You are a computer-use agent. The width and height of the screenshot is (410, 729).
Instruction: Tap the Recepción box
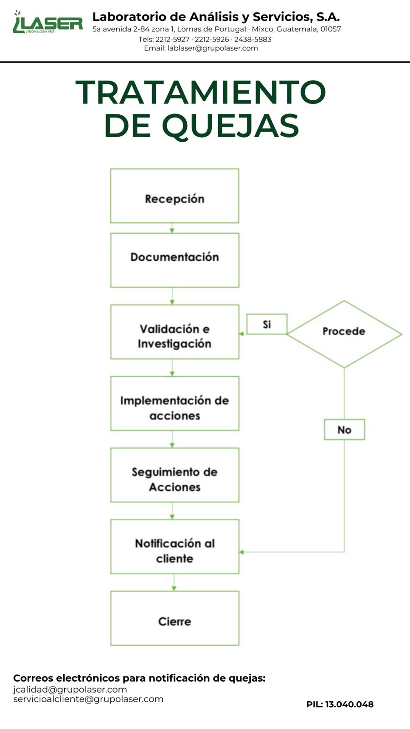coord(174,195)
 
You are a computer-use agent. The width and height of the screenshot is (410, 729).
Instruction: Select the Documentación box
coord(175,260)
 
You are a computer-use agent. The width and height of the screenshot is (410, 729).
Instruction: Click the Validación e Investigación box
coord(175,332)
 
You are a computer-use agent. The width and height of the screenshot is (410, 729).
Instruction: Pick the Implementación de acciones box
coord(175,404)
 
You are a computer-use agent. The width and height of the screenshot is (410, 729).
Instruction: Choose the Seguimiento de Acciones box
coord(175,475)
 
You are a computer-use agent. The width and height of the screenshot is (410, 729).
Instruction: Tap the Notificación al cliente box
coord(175,547)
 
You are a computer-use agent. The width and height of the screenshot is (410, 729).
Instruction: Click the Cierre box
coord(175,618)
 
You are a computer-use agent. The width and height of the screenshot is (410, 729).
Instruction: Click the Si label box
coord(267,324)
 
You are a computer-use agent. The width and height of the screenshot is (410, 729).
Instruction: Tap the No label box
coord(344,430)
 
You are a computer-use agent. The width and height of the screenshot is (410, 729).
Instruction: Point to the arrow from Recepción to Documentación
coord(172,228)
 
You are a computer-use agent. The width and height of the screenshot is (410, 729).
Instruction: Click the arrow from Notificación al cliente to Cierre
coord(174,583)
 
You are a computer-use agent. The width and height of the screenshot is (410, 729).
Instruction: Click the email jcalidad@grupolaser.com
coord(70,689)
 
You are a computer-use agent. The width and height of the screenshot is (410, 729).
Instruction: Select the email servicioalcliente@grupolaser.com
coord(88,699)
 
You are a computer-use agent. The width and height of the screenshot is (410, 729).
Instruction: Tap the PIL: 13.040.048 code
coord(340,704)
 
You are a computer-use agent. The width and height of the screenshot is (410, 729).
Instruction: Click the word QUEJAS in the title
coord(231,126)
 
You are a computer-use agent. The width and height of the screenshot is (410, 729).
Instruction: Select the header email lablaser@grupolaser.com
coord(213,48)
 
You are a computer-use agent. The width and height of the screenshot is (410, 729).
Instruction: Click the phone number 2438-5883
coord(253,39)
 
